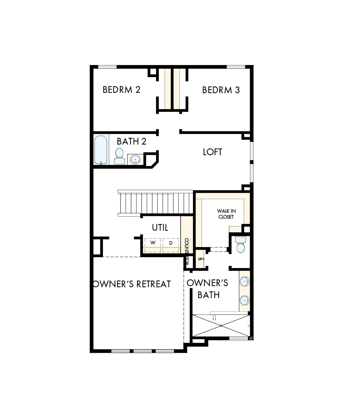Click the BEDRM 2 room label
121,90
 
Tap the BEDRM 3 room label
221,90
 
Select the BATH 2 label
131,141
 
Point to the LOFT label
213,152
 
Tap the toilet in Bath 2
119,156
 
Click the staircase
156,202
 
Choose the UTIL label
160,227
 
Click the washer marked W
153,243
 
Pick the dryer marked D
170,243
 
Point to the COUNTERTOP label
186,251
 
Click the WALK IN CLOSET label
226,214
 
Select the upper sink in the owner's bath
245,281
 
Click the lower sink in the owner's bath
245,300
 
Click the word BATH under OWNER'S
208,295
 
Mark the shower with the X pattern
221,325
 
